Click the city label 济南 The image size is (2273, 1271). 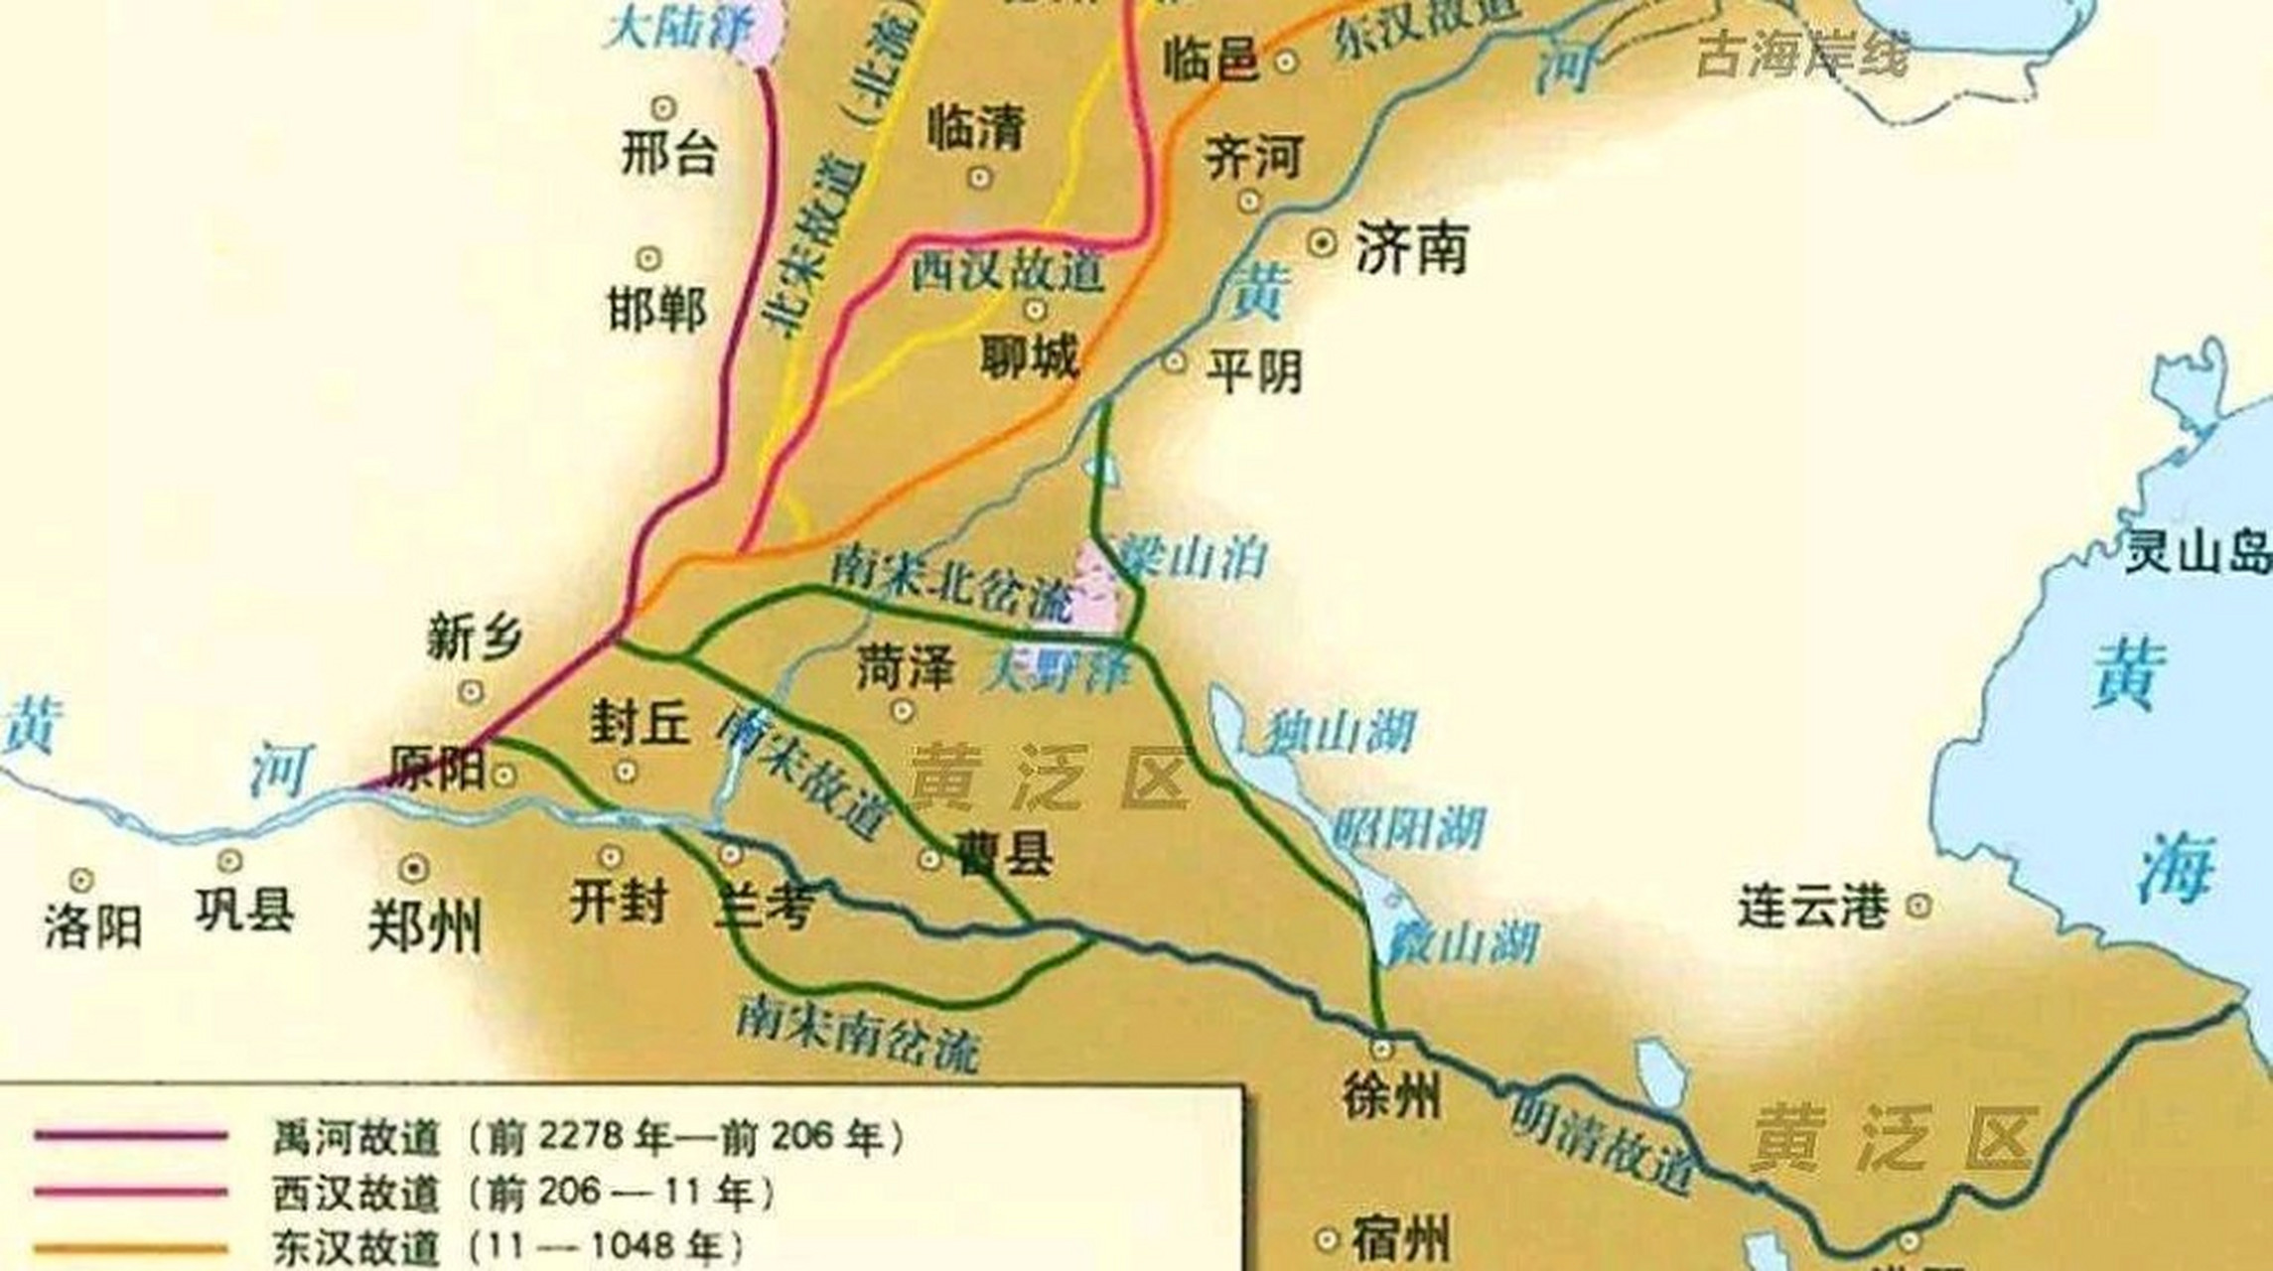(1411, 250)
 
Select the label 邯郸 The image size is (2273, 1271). (657, 309)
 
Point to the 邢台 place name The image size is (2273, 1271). (669, 154)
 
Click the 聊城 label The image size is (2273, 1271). (1029, 355)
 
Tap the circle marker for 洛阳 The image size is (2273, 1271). (80, 880)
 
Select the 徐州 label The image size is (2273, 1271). (1389, 1099)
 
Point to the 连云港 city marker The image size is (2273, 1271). (1918, 905)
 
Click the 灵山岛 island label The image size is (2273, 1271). (2197, 551)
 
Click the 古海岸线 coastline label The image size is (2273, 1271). (1801, 55)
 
